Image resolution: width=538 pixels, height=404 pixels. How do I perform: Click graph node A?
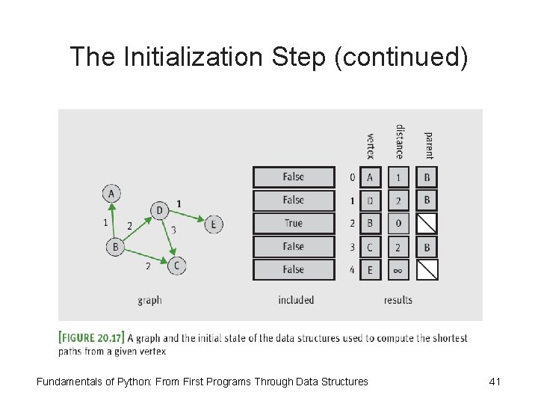click(111, 193)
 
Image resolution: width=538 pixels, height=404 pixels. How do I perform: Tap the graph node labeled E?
click(214, 224)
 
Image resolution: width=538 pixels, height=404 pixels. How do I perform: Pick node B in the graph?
click(115, 246)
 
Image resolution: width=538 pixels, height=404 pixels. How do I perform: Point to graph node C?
click(176, 265)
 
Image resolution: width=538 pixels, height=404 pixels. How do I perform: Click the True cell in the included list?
click(294, 223)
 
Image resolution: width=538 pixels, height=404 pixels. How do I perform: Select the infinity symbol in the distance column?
click(398, 269)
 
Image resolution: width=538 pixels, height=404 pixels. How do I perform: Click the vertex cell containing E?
click(370, 269)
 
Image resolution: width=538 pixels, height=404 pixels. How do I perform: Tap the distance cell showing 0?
click(398, 223)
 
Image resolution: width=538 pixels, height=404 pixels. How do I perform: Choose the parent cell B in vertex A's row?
click(427, 177)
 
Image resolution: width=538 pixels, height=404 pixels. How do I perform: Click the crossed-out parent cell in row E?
click(427, 269)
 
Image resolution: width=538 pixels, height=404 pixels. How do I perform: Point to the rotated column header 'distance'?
click(400, 141)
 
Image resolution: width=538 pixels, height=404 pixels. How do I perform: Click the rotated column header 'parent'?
click(428, 145)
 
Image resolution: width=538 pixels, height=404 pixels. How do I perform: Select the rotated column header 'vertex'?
click(371, 146)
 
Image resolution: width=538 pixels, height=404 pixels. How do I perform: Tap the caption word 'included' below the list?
click(296, 300)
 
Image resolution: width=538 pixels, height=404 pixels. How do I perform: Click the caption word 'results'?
click(398, 300)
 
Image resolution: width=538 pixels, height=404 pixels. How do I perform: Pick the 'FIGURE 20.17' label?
click(92, 337)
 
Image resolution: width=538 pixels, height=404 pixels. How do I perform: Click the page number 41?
click(494, 382)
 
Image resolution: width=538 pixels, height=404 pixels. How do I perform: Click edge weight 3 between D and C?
click(173, 230)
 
